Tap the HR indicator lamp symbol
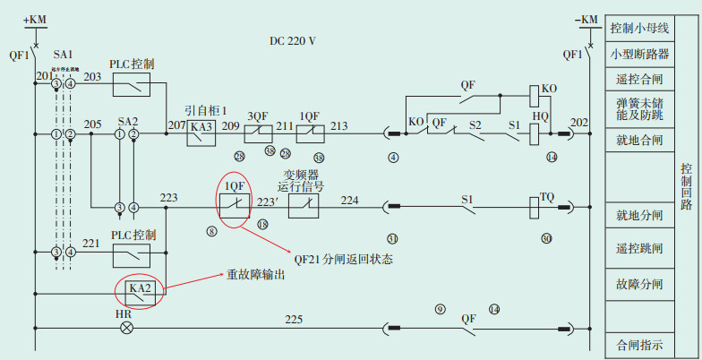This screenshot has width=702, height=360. (x=127, y=327)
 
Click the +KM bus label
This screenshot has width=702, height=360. (x=33, y=19)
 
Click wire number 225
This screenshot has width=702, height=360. (x=294, y=319)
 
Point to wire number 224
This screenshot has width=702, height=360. (x=349, y=200)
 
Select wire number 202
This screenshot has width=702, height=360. (x=579, y=123)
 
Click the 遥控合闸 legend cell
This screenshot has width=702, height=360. (x=639, y=79)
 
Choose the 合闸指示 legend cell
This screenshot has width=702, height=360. (x=639, y=343)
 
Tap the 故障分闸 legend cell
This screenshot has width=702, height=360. (x=639, y=285)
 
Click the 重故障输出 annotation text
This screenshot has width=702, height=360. (x=255, y=276)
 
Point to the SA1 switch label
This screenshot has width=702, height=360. (x=64, y=55)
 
